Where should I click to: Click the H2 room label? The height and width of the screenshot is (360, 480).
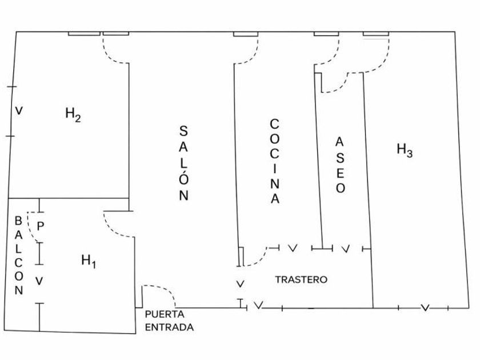pyautogui.click(x=73, y=114)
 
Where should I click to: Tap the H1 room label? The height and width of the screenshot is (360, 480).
pyautogui.click(x=89, y=262)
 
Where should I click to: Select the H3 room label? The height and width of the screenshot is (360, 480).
pyautogui.click(x=405, y=150)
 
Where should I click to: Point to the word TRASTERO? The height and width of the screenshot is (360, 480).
pyautogui.click(x=301, y=279)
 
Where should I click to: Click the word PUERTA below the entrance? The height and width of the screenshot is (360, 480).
pyautogui.click(x=165, y=314)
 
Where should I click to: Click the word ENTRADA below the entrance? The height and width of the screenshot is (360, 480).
pyautogui.click(x=169, y=327)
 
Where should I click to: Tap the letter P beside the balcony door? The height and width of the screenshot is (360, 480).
pyautogui.click(x=41, y=226)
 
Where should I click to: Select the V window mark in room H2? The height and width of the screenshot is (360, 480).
pyautogui.click(x=19, y=111)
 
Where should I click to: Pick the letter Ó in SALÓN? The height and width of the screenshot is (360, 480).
pyautogui.click(x=183, y=178)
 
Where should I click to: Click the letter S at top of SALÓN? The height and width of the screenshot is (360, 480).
pyautogui.click(x=183, y=131)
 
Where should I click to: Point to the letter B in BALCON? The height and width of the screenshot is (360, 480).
pyautogui.click(x=18, y=221)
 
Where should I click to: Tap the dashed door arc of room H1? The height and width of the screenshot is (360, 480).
pyautogui.click(x=113, y=228)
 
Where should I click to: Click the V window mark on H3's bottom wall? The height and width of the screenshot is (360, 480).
pyautogui.click(x=425, y=307)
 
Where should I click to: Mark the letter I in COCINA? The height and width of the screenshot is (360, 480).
pyautogui.click(x=275, y=169)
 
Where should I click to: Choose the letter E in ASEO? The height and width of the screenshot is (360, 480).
pyautogui.click(x=341, y=173)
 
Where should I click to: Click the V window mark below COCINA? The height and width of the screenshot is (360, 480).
pyautogui.click(x=293, y=248)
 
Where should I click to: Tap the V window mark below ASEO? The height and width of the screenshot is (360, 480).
pyautogui.click(x=346, y=249)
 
